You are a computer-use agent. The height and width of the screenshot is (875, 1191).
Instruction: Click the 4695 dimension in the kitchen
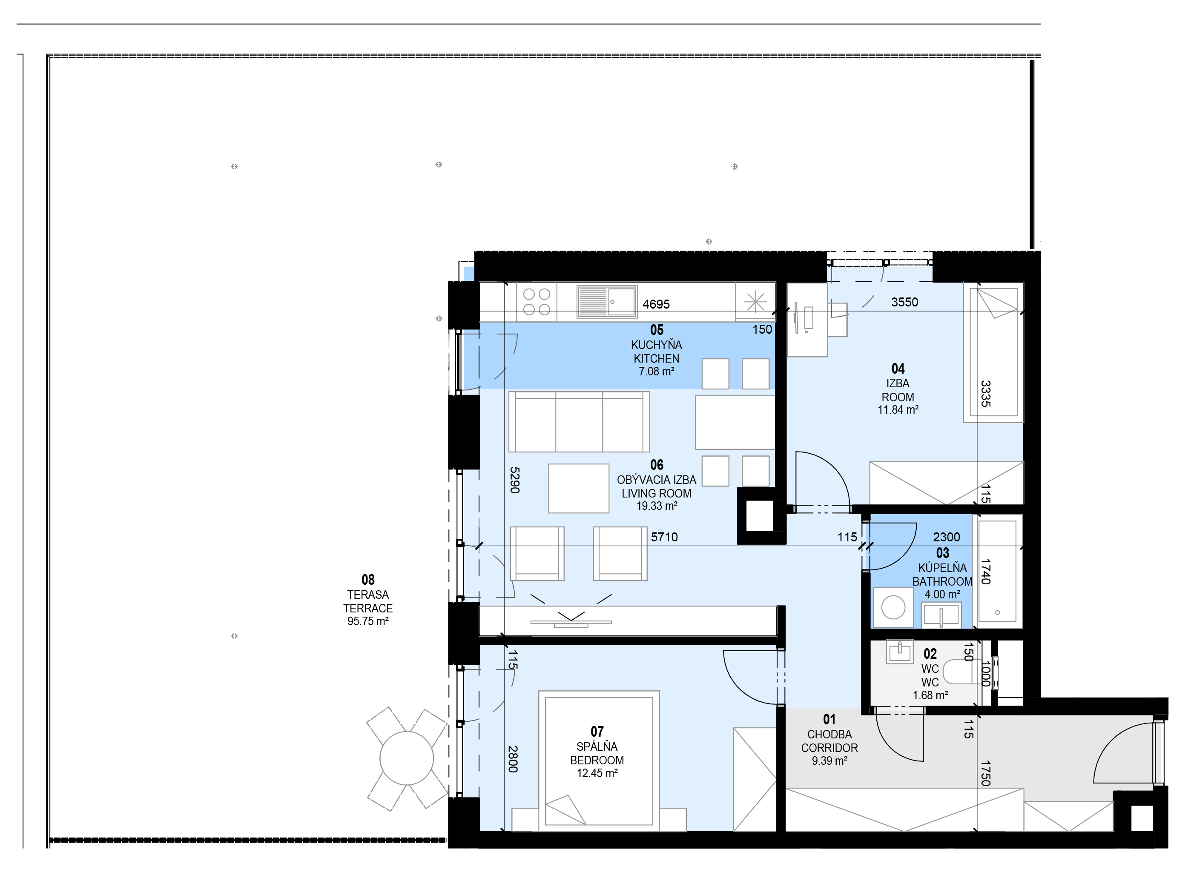pyautogui.click(x=656, y=304)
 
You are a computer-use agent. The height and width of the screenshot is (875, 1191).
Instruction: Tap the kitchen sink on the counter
pyautogui.click(x=607, y=302)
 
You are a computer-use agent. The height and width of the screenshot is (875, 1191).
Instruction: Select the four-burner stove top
pyautogui.click(x=537, y=302)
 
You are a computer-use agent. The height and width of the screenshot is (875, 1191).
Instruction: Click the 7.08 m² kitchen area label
pyautogui.click(x=657, y=371)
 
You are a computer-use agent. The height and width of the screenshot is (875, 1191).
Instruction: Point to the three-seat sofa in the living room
pyautogui.click(x=579, y=422)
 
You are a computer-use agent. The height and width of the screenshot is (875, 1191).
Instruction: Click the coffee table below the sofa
pyautogui.click(x=579, y=488)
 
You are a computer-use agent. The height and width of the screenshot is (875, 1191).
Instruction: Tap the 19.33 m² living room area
pyautogui.click(x=657, y=506)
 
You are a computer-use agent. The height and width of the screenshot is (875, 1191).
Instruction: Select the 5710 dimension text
pyautogui.click(x=664, y=537)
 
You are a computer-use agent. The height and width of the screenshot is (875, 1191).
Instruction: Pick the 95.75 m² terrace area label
pyautogui.click(x=367, y=621)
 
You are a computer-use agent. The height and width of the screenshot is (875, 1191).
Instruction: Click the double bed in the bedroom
pyautogui.click(x=599, y=761)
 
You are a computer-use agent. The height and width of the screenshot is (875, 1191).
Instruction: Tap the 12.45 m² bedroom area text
pyautogui.click(x=597, y=773)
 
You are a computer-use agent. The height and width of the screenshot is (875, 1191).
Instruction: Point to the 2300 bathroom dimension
pyautogui.click(x=946, y=537)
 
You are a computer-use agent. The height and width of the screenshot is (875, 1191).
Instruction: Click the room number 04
pyautogui.click(x=898, y=369)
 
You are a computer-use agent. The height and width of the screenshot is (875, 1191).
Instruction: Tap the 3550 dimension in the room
pyautogui.click(x=904, y=302)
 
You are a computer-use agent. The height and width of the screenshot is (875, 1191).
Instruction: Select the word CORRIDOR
pyautogui.click(x=829, y=748)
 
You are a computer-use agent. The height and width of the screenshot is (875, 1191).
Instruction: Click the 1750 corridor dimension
pyautogui.click(x=985, y=773)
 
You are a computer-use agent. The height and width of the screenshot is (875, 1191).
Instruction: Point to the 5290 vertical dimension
pyautogui.click(x=514, y=480)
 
